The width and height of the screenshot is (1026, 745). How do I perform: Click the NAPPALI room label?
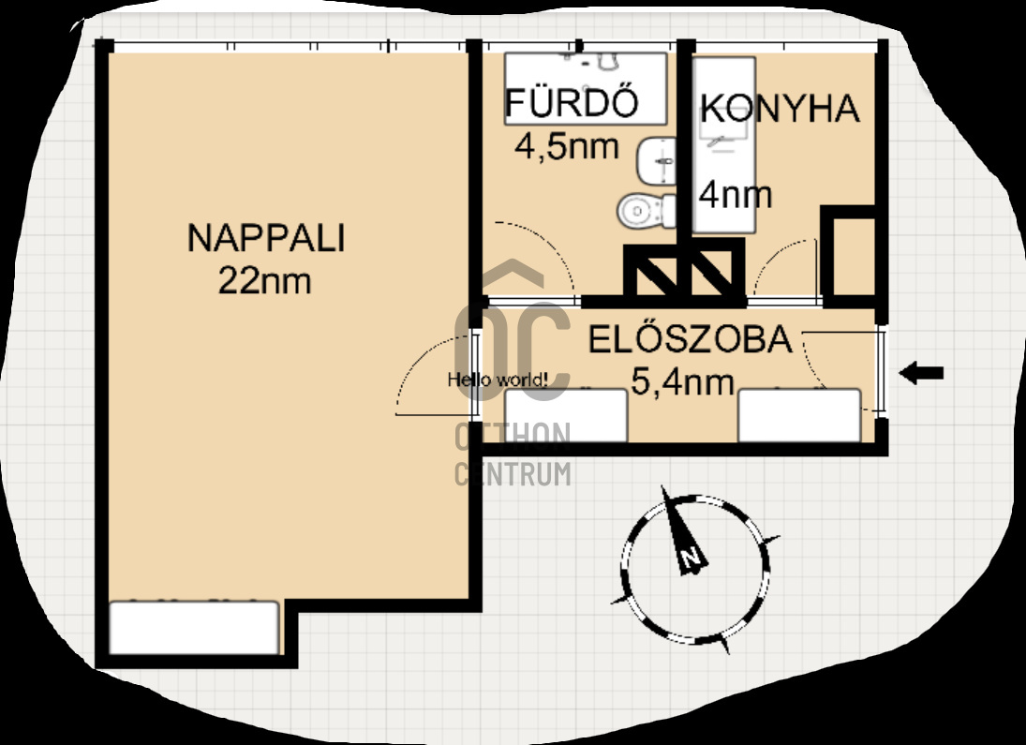click(x=266, y=238)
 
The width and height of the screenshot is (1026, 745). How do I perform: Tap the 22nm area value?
click(x=264, y=280)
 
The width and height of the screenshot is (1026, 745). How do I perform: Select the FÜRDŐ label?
click(x=572, y=103)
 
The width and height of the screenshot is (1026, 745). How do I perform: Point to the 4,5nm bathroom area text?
click(x=566, y=146)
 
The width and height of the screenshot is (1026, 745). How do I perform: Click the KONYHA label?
click(x=780, y=109)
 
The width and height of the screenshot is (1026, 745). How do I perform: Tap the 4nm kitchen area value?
click(x=735, y=195)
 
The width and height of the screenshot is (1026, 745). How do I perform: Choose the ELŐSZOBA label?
click(x=690, y=339)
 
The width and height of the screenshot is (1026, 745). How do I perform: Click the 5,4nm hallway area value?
click(x=682, y=381)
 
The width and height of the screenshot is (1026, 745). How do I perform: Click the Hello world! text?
click(x=498, y=379)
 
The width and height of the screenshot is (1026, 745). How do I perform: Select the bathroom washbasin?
click(x=656, y=161)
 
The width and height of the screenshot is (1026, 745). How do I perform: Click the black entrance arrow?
click(x=921, y=373)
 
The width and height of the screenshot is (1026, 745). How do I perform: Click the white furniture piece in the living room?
click(x=194, y=628)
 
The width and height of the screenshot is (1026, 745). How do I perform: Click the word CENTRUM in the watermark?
click(x=513, y=474)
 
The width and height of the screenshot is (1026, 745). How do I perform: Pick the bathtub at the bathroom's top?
click(x=586, y=89)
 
